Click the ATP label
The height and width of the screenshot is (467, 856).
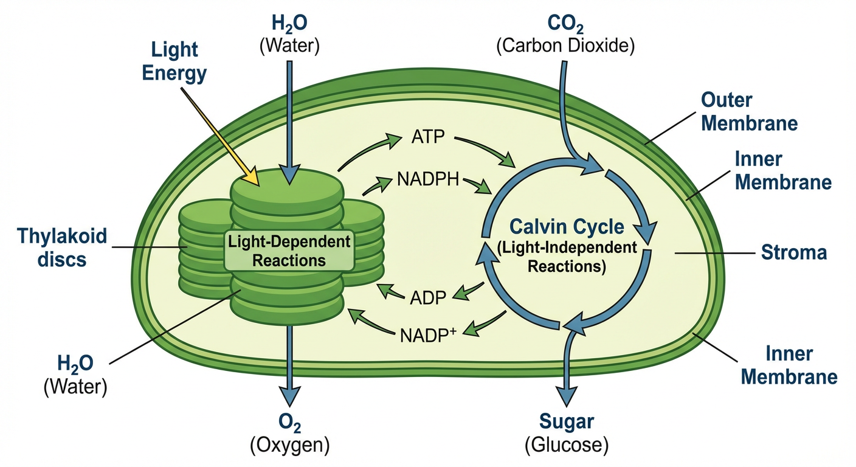coord(428,137)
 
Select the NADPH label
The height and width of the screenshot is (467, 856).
coord(428,179)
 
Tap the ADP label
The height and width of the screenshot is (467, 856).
coord(428,298)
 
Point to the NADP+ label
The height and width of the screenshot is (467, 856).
coord(428,336)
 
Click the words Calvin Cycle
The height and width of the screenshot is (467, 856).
coord(567,227)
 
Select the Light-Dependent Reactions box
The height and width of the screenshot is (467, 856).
coord(289,251)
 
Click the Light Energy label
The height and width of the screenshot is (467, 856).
coord(174,61)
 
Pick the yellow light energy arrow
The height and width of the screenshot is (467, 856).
coord(220,137)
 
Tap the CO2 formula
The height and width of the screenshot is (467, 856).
coord(565,24)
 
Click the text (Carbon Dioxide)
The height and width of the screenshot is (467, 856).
coord(565,46)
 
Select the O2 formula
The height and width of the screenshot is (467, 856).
coord(289,422)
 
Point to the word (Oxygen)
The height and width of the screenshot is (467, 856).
coord(289,445)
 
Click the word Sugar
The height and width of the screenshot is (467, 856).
coord(567,421)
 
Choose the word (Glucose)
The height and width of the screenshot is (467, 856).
coord(567,445)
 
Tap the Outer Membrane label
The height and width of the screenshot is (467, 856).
coord(749,112)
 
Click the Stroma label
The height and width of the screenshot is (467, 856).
coord(794,252)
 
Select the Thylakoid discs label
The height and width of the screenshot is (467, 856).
coord(62,247)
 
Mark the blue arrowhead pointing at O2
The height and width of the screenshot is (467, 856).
coord(289,396)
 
